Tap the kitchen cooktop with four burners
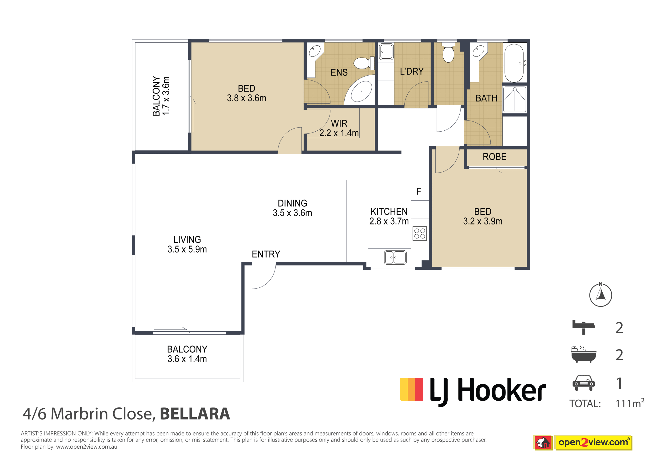point(420,233)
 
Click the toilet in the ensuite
point(364,63)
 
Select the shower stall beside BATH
point(515,99)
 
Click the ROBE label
point(494,157)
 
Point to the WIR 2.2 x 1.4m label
point(339,128)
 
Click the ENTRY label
point(266,254)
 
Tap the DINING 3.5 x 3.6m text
point(292,208)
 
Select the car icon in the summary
point(584,383)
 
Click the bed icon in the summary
point(584,327)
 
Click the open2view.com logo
point(583,443)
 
